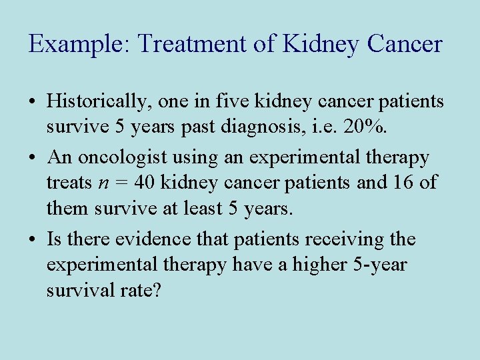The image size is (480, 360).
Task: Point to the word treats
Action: [68, 182]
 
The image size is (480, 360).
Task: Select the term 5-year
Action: [381, 265]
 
